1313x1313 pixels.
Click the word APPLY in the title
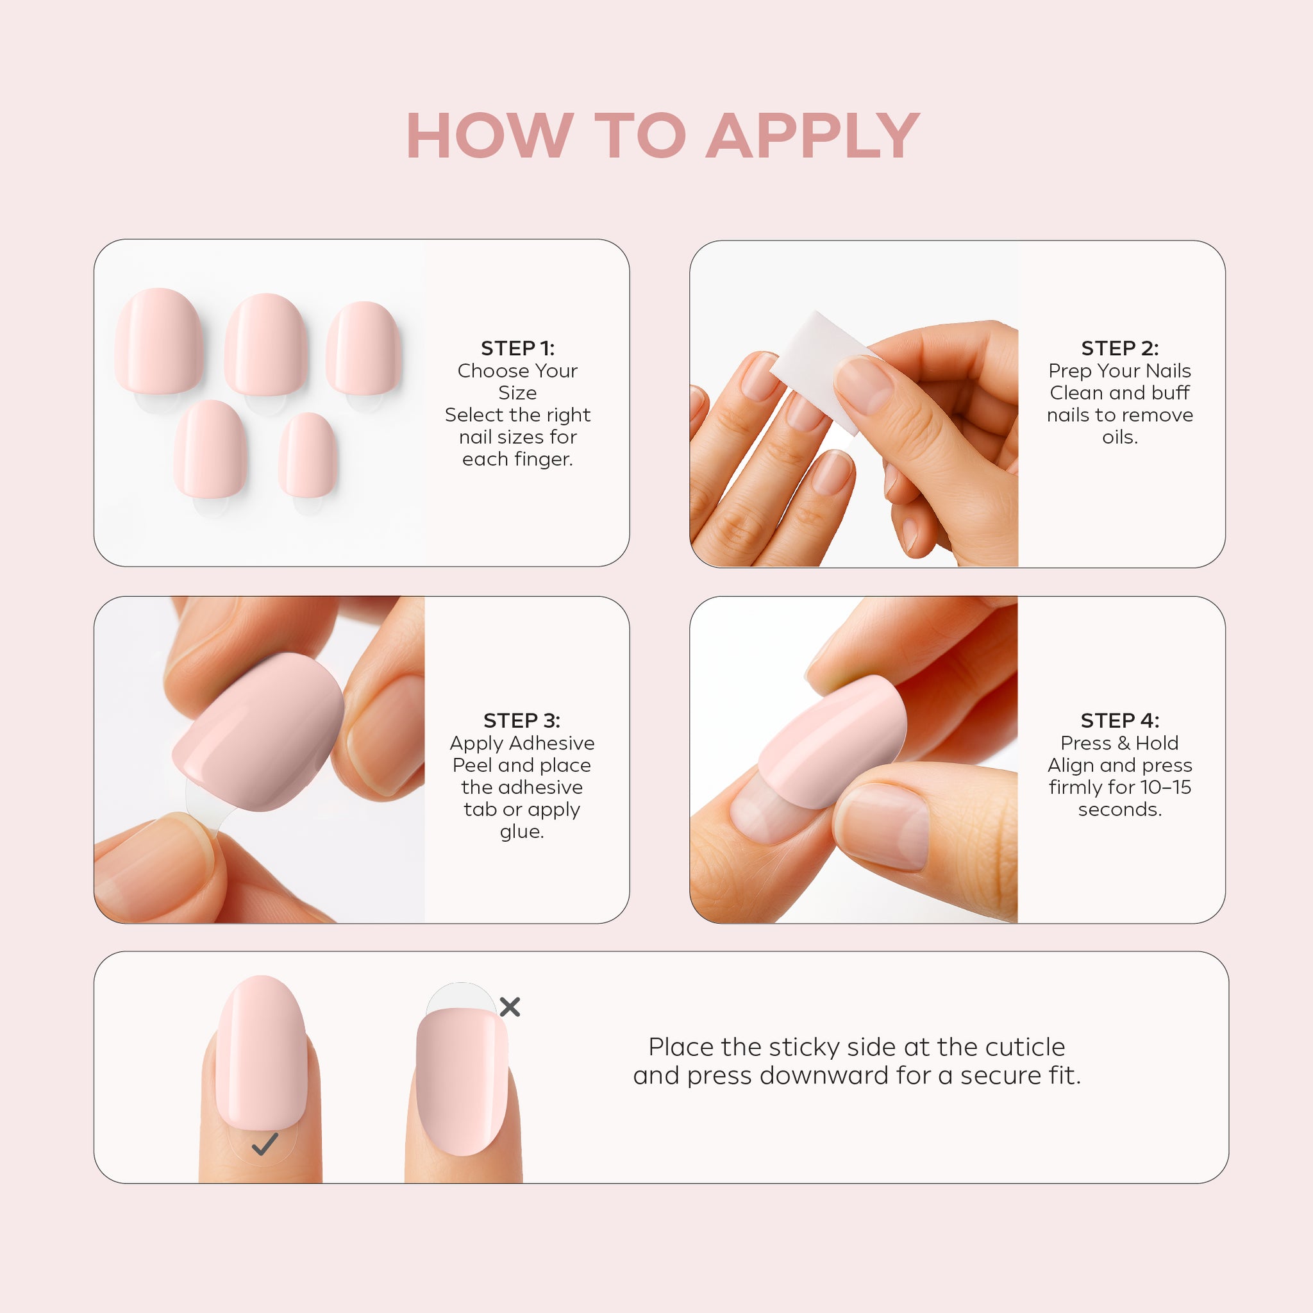tap(813, 136)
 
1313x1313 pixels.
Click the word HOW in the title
tap(489, 136)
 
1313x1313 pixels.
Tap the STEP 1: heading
tap(518, 348)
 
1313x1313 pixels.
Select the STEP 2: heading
tap(1120, 348)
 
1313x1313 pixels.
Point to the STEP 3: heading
tap(522, 721)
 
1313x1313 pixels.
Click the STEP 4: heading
tap(1120, 721)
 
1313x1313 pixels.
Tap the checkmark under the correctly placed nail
tap(264, 1144)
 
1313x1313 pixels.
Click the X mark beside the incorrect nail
tap(510, 1007)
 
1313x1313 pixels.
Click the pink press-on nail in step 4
tap(833, 740)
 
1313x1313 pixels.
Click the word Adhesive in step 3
tap(554, 743)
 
